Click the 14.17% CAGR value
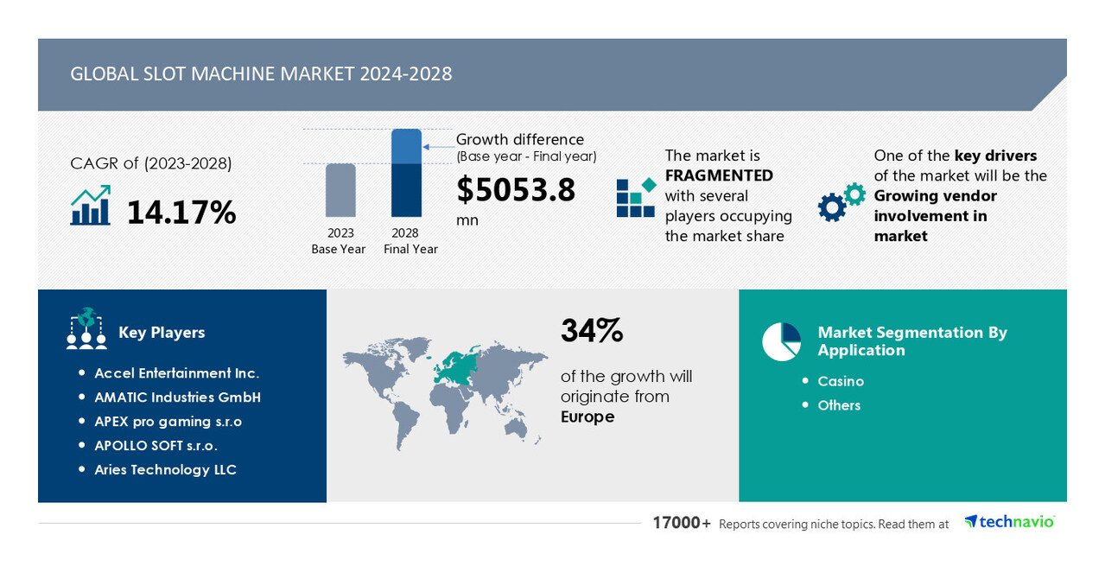pos(181,212)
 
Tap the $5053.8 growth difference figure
pos(516,189)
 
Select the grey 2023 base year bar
pos(340,190)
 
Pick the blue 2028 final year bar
pos(406,173)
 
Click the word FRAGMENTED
pos(719,175)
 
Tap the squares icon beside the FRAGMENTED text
pos(636,198)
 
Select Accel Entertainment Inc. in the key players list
pos(176,373)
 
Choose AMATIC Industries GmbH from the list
pos(177,398)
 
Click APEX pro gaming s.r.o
pos(168,422)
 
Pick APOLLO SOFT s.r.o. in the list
pos(156,446)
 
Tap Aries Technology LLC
pos(165,470)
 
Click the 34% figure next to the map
pos(592,330)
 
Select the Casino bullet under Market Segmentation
pos(841,381)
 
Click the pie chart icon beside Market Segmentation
pos(781,341)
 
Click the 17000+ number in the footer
pos(682,523)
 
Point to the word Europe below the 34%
pos(587,417)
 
